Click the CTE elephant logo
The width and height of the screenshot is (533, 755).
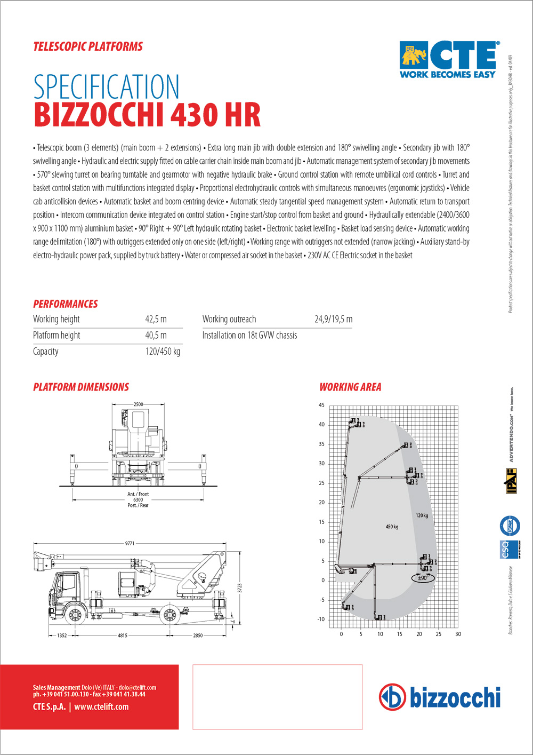pyautogui.click(x=414, y=54)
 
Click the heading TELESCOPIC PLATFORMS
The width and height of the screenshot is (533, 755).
pyautogui.click(x=88, y=46)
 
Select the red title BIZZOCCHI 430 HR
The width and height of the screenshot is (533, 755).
pyautogui.click(x=147, y=115)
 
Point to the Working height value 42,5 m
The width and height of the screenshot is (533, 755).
pyautogui.click(x=156, y=319)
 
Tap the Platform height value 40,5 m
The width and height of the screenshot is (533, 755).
pyautogui.click(x=156, y=335)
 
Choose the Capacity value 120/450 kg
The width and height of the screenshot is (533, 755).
pyautogui.click(x=163, y=351)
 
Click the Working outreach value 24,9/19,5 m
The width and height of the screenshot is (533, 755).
pyautogui.click(x=333, y=319)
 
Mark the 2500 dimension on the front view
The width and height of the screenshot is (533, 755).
pyautogui.click(x=138, y=404)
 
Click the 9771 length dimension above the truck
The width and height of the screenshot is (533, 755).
pyautogui.click(x=130, y=543)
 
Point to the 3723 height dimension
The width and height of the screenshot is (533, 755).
pyautogui.click(x=240, y=587)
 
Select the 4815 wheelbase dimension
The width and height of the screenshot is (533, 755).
pyautogui.click(x=123, y=635)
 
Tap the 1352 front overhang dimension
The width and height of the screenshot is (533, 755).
pyautogui.click(x=62, y=635)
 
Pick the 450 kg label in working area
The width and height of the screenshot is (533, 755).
pyautogui.click(x=392, y=527)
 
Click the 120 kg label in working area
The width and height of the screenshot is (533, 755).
pyautogui.click(x=422, y=515)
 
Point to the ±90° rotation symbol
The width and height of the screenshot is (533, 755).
pyautogui.click(x=423, y=578)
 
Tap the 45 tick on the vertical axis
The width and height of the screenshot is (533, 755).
pyautogui.click(x=321, y=405)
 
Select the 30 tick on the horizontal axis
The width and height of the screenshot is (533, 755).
pyautogui.click(x=458, y=634)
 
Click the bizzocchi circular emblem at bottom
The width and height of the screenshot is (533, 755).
pyautogui.click(x=392, y=697)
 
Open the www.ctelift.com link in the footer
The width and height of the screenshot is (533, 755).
pyautogui.click(x=101, y=706)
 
